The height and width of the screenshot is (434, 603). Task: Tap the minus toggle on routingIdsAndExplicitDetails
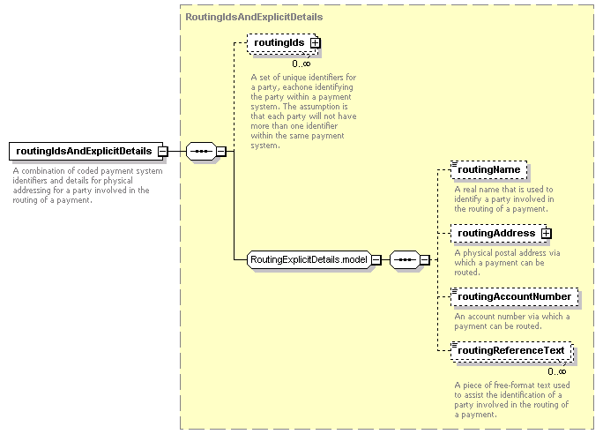click(163, 151)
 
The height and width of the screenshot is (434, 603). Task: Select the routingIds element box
click(282, 42)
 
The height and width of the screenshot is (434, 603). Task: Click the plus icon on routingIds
click(315, 42)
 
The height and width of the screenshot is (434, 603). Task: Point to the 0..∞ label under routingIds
click(301, 64)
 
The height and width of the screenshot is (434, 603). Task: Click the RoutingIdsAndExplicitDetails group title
click(254, 17)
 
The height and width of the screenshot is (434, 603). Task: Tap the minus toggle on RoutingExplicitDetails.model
click(376, 260)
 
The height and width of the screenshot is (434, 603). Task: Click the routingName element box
click(488, 169)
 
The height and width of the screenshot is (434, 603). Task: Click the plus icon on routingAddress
click(546, 233)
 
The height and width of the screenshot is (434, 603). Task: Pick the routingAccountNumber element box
click(515, 296)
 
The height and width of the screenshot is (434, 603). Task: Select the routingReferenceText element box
click(512, 351)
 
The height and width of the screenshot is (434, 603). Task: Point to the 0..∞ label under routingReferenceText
click(557, 371)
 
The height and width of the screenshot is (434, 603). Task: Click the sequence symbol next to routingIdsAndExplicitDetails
click(201, 151)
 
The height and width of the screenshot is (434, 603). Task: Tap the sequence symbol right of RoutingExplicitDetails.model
click(405, 259)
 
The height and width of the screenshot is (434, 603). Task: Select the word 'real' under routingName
click(470, 190)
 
